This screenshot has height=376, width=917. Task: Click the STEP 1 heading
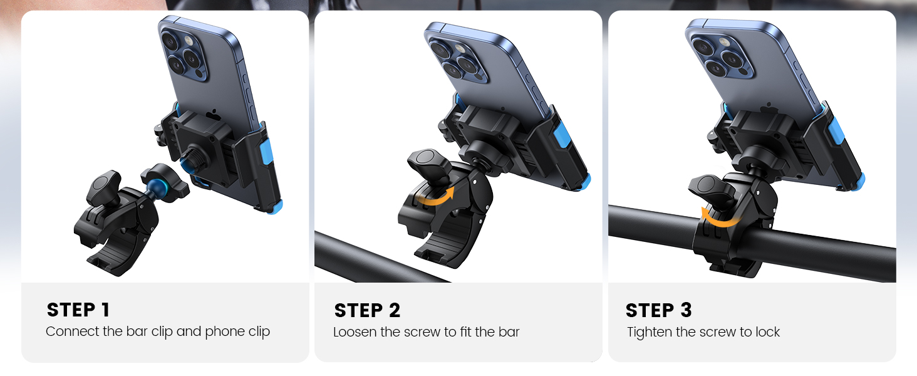coord(78,310)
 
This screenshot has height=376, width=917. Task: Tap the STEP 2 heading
coord(367,310)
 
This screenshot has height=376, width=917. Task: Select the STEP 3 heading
coord(658,310)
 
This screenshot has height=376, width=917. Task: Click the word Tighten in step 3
coord(650,332)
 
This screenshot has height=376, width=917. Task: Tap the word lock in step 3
coord(766,332)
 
